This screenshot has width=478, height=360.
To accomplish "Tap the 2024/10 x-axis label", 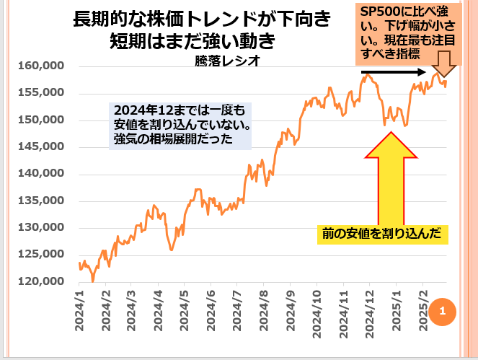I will (x=316, y=307).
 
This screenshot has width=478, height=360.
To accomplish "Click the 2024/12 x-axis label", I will (x=368, y=307).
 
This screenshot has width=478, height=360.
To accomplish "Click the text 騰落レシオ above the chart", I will (x=227, y=61).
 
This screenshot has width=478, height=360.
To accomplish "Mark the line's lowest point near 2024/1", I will (x=92, y=281).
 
